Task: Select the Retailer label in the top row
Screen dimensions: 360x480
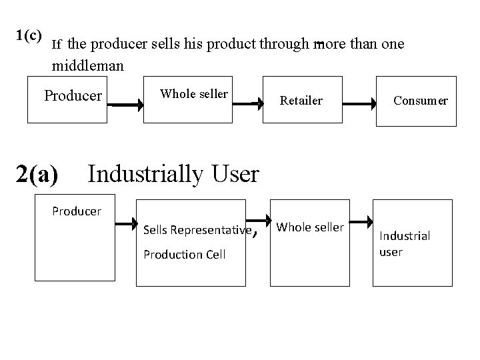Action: (301, 101)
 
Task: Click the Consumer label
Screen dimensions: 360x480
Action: (420, 101)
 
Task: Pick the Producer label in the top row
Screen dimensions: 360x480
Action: (73, 95)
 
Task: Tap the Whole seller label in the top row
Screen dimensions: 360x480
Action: (193, 94)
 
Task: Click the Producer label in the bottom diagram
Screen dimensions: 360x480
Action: (77, 211)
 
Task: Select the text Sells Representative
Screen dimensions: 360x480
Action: (193, 231)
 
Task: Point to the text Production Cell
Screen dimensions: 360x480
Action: (184, 254)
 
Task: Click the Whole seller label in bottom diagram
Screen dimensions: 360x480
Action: (310, 227)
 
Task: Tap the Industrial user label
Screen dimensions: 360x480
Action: (404, 243)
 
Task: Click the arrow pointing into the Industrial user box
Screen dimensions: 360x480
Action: (361, 221)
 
